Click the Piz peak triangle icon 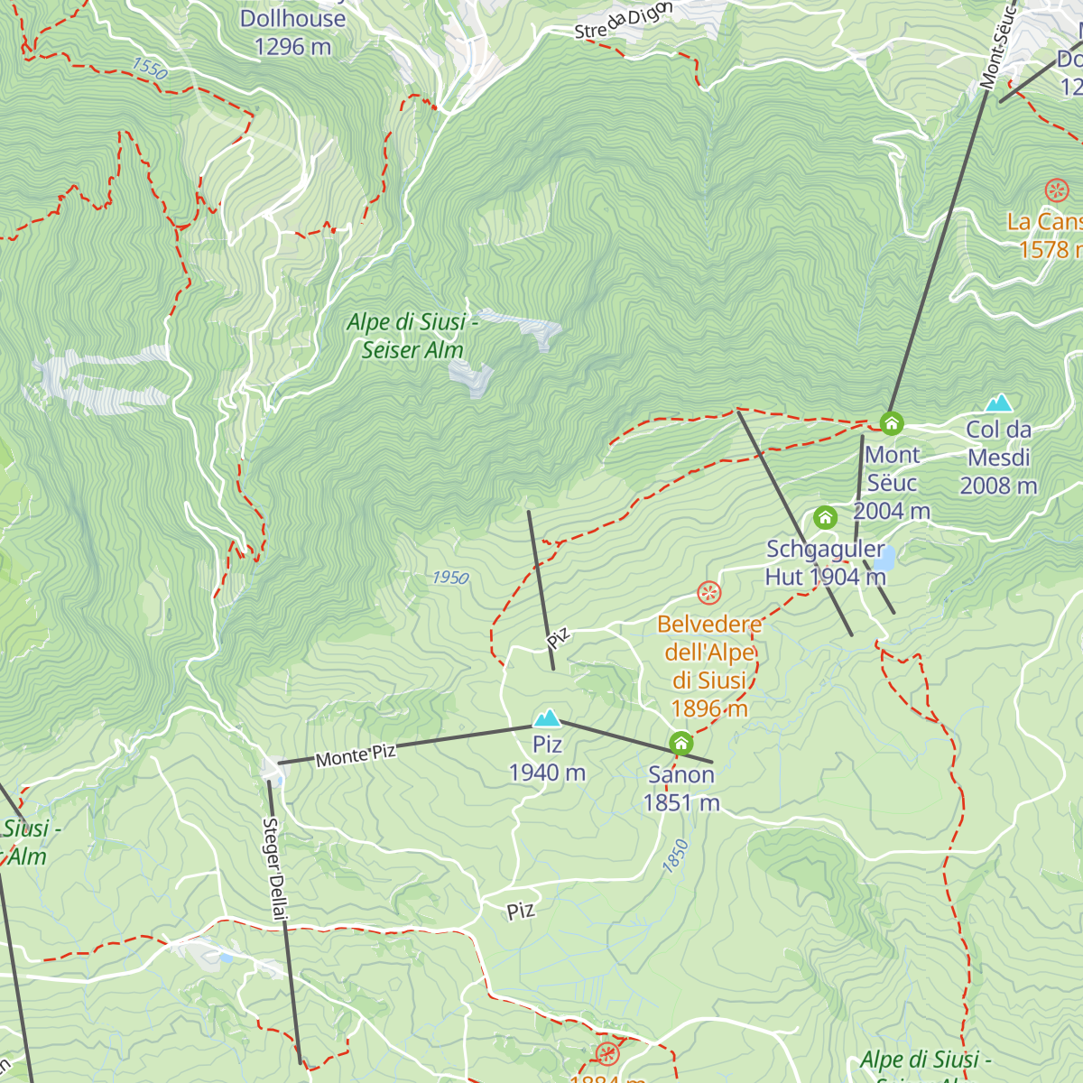coord(546,718)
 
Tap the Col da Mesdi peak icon coord(998,403)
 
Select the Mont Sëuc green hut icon coord(892,423)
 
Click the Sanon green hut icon coord(681,744)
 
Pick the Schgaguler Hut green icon coord(825,518)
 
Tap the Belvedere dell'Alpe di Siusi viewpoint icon coord(709,593)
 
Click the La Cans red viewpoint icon coord(1056,190)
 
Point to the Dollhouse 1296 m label coord(292,32)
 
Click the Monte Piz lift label coord(356,755)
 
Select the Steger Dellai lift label coord(274,870)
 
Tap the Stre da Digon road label coord(624,22)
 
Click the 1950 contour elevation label coord(450,578)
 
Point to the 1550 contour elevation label coord(150,69)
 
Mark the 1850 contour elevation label coord(675,856)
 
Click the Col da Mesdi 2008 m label coord(998,458)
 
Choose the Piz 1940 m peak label coord(547,758)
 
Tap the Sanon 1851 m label coord(681,788)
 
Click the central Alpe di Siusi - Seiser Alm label coord(412,336)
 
